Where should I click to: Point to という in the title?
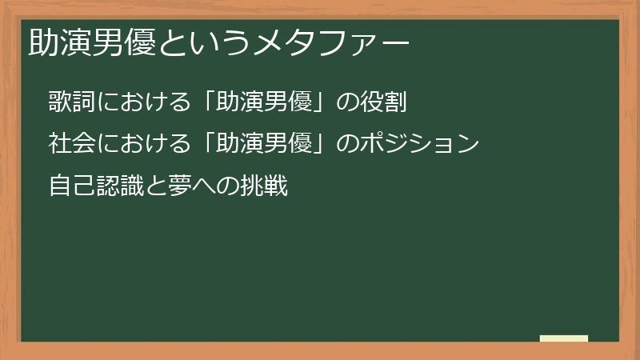coord(203,40)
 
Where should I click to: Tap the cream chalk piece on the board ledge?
coord(564,338)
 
